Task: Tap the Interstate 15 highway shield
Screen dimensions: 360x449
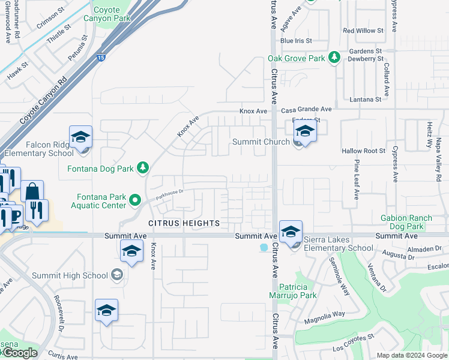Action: (x=100, y=58)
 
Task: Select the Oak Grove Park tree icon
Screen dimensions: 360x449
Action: (x=335, y=58)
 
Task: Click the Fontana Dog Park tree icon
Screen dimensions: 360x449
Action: (x=143, y=167)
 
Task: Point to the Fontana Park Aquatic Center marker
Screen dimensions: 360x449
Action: (x=136, y=200)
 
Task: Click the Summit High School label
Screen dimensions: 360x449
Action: (x=70, y=275)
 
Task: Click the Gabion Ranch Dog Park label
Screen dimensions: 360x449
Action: (x=411, y=222)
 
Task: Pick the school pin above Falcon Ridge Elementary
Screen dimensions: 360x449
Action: (x=80, y=136)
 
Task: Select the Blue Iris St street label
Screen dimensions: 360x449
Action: (x=296, y=41)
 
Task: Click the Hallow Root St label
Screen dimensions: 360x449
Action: (x=363, y=152)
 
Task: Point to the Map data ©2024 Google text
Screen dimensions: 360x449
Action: (x=412, y=355)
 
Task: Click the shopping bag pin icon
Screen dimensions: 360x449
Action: (x=32, y=191)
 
